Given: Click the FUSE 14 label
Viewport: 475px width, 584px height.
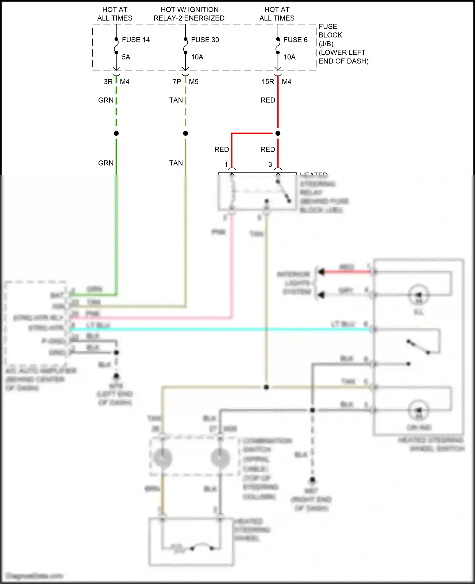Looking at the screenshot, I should click(x=136, y=40).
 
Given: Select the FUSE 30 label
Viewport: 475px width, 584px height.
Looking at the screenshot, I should click(x=205, y=40).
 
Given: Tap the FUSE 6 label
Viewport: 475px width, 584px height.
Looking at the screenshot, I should click(x=295, y=40).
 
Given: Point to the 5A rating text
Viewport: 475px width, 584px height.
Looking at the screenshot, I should click(x=126, y=57).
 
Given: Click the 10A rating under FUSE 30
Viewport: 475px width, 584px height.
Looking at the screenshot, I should click(x=197, y=57).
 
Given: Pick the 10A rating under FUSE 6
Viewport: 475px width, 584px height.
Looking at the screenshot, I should click(x=289, y=57).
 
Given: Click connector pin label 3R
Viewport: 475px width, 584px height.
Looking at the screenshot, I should click(x=108, y=82).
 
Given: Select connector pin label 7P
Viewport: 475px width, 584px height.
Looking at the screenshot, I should click(x=177, y=82).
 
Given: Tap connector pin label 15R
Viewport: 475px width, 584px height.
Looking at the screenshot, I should click(x=268, y=82).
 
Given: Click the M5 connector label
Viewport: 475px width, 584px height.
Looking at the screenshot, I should click(x=193, y=82).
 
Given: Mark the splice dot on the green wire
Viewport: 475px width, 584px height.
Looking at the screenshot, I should click(x=116, y=134).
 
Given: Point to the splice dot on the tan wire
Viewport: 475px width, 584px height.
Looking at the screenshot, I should click(x=186, y=134).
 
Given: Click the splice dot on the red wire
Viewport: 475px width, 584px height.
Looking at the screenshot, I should click(x=278, y=134).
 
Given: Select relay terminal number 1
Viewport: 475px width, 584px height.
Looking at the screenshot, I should click(x=226, y=165).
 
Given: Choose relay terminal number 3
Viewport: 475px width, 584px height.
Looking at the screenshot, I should click(x=270, y=165).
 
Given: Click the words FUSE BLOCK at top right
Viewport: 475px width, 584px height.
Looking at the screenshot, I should click(x=330, y=31).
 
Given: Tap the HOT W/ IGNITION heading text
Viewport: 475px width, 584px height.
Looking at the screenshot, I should click(x=189, y=10).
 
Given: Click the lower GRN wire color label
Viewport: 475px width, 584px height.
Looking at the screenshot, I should click(x=106, y=163).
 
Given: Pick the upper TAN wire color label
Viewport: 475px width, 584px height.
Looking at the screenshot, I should click(x=176, y=100).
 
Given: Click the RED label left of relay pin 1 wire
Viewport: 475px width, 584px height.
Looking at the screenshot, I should click(x=221, y=150).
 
